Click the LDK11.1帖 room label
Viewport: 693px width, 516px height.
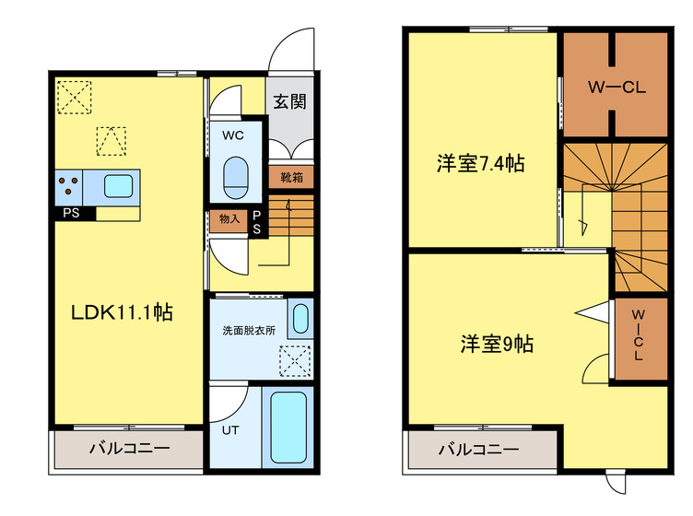click(x=123, y=312)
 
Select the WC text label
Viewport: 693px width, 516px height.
click(x=232, y=135)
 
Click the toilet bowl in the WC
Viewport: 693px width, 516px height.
click(x=237, y=173)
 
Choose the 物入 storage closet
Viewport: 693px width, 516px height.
click(x=227, y=219)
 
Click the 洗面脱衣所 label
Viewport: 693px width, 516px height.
click(x=248, y=330)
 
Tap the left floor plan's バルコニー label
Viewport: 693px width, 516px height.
click(x=129, y=451)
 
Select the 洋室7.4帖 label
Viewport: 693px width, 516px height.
click(x=480, y=164)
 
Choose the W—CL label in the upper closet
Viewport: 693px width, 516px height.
click(x=616, y=88)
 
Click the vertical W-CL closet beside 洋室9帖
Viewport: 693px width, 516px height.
click(x=639, y=337)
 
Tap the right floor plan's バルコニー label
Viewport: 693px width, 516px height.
click(x=478, y=451)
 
